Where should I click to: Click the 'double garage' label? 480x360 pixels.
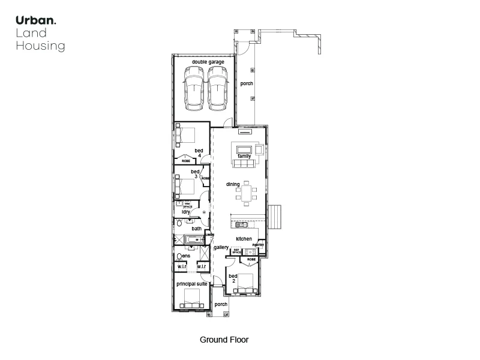click(208, 62)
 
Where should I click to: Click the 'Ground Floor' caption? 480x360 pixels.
click(224, 340)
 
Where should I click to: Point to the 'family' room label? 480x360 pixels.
click(244, 156)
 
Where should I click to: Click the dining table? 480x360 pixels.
click(246, 194)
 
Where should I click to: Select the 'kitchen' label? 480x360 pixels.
click(244, 239)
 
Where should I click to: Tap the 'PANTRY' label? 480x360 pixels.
click(259, 245)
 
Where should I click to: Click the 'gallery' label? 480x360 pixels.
click(221, 247)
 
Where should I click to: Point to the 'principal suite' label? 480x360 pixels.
click(191, 283)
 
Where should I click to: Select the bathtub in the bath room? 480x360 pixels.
click(194, 241)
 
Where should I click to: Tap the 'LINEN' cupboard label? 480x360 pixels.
click(209, 235)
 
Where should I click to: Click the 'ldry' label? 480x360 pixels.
click(185, 212)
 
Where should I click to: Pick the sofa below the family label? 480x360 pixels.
click(243, 164)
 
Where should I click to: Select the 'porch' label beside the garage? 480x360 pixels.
click(247, 84)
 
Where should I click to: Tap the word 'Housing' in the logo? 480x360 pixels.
click(40, 46)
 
